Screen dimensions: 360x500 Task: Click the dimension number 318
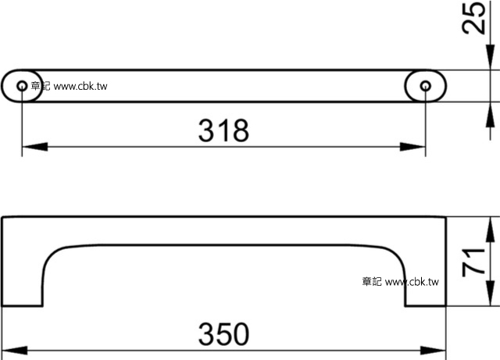pyautogui.click(x=224, y=130)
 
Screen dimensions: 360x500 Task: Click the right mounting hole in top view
pyautogui.click(x=426, y=86)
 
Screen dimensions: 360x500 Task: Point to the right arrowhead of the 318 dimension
pyautogui.click(x=417, y=146)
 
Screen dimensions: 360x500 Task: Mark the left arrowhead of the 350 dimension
pyautogui.click(x=11, y=348)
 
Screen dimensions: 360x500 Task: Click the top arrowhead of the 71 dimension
pyautogui.click(x=490, y=226)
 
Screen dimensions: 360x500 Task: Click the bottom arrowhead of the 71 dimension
pyautogui.click(x=490, y=299)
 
